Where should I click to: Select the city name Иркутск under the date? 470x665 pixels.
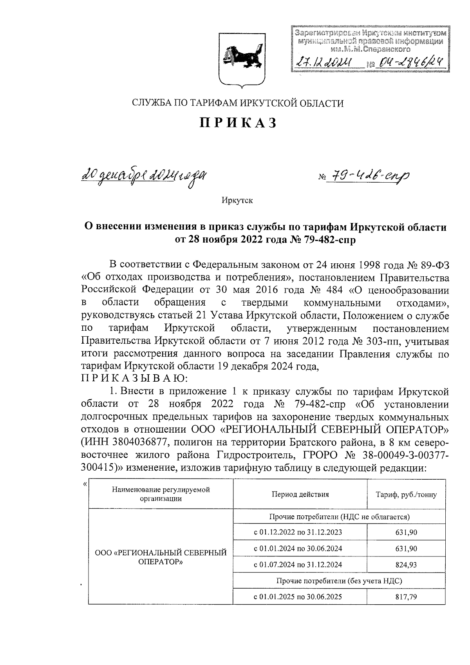[x=237, y=201]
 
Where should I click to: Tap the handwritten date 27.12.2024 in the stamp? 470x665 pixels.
[x=325, y=62]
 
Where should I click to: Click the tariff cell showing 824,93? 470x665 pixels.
[x=406, y=565]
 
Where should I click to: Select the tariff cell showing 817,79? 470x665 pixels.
[x=406, y=597]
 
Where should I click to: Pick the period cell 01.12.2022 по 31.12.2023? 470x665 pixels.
[x=300, y=532]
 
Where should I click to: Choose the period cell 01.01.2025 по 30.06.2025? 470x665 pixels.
[x=300, y=597]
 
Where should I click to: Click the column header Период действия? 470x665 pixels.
[x=300, y=495]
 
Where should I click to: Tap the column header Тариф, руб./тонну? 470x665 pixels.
[x=406, y=495]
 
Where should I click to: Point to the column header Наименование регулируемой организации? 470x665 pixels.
[x=161, y=494]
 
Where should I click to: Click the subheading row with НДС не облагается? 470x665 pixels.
[x=339, y=516]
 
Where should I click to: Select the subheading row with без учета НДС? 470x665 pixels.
[x=339, y=581]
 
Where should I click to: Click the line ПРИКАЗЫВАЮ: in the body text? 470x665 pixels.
[x=134, y=379]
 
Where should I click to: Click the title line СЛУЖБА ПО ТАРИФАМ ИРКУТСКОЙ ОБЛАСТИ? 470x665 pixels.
[x=237, y=103]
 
